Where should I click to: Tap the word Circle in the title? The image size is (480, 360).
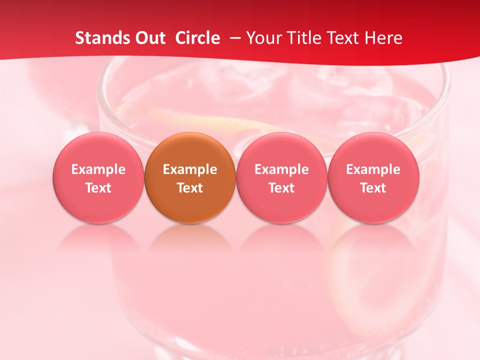coord(197,38)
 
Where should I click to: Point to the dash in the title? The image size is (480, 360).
coord(233,38)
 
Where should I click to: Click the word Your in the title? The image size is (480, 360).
coord(262,38)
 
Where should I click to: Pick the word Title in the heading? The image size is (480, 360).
coord(300,38)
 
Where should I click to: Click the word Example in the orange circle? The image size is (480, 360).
coord(190,169)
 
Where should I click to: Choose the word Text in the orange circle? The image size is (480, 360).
coord(190,188)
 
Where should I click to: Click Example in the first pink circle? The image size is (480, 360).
coord(98,169)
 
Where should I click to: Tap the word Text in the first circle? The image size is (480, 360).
coord(98,188)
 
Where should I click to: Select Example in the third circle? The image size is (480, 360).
coord(281,169)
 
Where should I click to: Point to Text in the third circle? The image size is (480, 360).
coord(281,188)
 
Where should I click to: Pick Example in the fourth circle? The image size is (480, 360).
coord(373,169)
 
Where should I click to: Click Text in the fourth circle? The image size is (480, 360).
coord(373,188)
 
